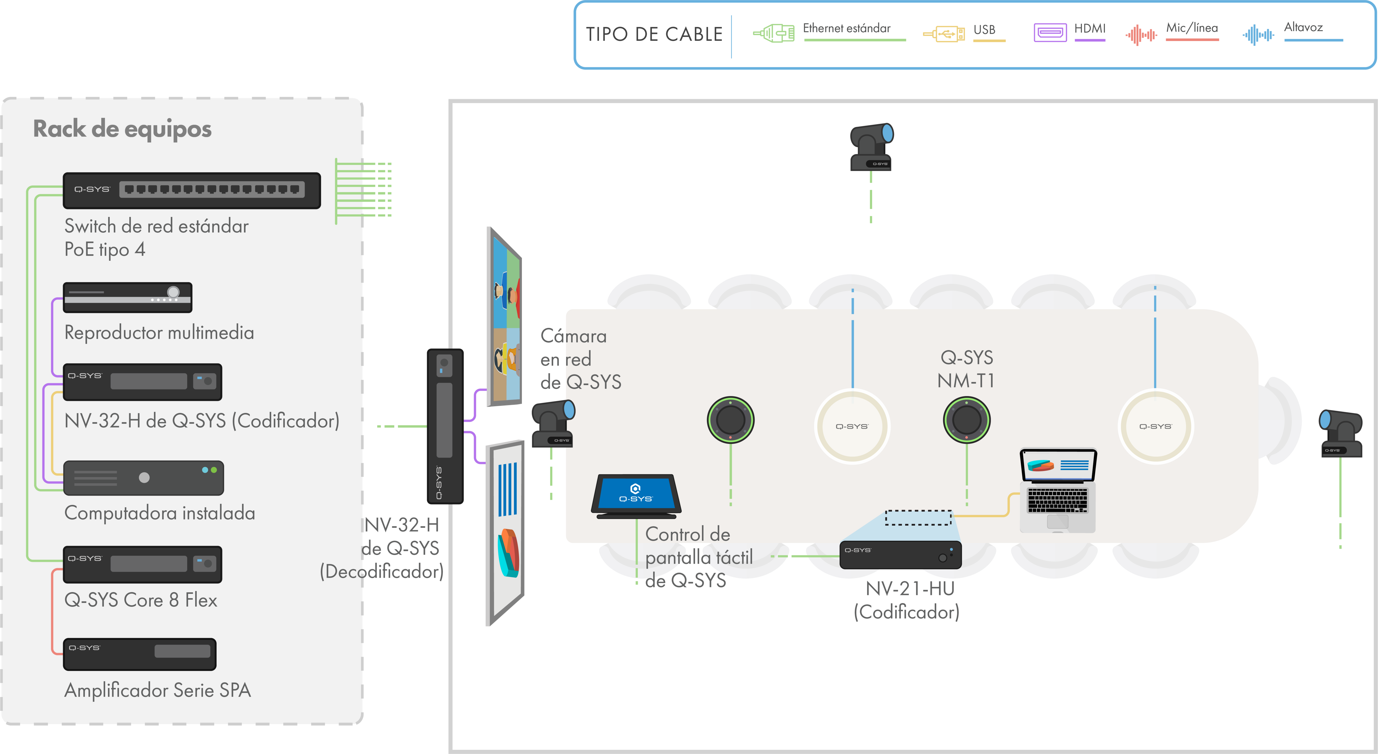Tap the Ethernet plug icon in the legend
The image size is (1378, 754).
774,33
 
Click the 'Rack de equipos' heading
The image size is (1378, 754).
122,129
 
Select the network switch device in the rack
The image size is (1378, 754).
192,190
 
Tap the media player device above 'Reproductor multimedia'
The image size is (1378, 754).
127,297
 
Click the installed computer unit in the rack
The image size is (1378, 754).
143,477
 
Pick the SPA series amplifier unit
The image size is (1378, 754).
140,654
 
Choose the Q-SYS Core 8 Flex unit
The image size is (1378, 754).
142,564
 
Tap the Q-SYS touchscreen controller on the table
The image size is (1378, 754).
636,496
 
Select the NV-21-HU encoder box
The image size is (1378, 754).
900,555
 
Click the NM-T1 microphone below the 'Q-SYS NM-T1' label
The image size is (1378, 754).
967,420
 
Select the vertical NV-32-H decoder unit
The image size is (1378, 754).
445,426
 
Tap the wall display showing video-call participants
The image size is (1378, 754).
504,317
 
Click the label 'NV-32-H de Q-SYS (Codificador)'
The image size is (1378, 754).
202,421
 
